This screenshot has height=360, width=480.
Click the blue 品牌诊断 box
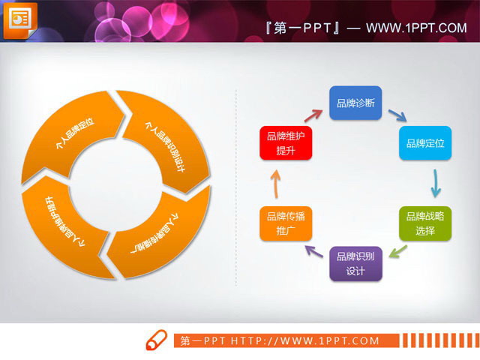pyautogui.click(x=356, y=103)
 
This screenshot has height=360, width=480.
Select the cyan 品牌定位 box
pyautogui.click(x=425, y=142)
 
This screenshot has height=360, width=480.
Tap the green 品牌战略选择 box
pyautogui.click(x=425, y=223)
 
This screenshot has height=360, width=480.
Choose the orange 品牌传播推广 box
pyautogui.click(x=286, y=223)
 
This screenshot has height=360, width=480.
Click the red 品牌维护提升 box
pyautogui.click(x=286, y=142)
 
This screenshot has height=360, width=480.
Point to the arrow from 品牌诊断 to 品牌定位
pyautogui.click(x=397, y=115)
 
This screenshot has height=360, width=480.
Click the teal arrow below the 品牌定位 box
pyautogui.click(x=434, y=183)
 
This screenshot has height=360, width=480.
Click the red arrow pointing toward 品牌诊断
pyautogui.click(x=312, y=113)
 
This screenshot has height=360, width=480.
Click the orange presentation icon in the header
pyautogui.click(x=21, y=19)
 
